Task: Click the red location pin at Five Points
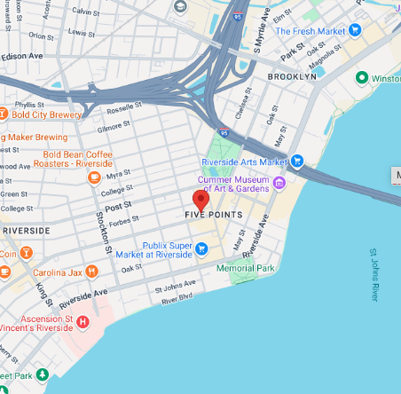(200, 199)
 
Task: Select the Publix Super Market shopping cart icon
(202, 248)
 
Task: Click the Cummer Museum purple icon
(279, 183)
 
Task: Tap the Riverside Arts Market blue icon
(297, 162)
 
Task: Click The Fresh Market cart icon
(355, 30)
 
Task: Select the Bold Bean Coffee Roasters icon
(94, 177)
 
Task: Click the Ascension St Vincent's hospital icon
(83, 321)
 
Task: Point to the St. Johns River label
(374, 275)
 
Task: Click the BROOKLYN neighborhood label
(291, 77)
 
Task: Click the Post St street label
(118, 204)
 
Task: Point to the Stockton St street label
(102, 231)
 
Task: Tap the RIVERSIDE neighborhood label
(26, 230)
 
